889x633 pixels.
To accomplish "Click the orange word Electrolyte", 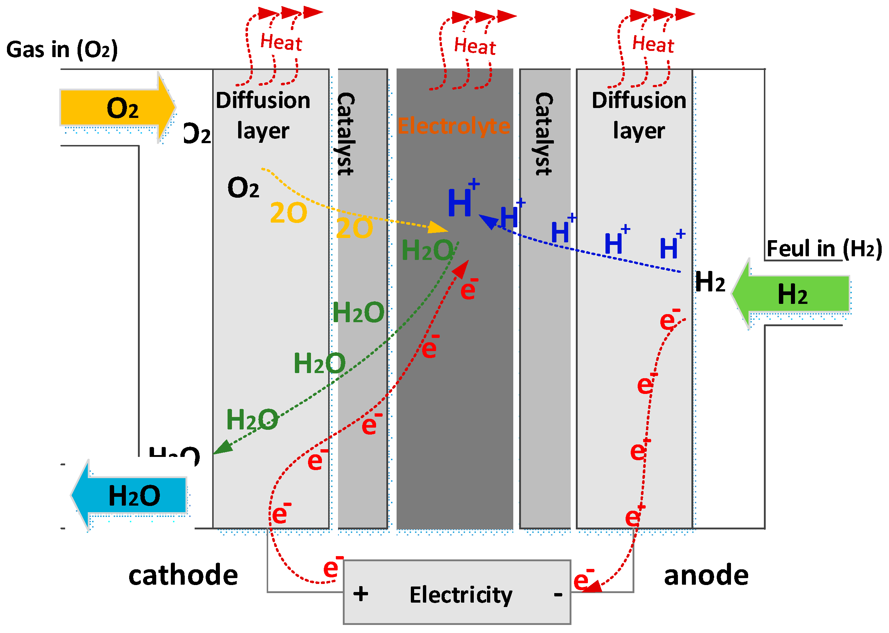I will coord(453,126).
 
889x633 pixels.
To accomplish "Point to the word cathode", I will coord(183,576).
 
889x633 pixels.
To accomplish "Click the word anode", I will coord(706,576).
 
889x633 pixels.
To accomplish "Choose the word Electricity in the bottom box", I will coord(461,595).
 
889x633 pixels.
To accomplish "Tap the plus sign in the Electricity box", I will coord(361,595).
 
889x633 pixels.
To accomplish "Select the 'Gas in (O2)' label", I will coord(62,50).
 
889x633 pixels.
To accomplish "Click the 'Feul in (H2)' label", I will coord(824,248).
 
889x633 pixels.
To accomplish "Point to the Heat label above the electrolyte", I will coord(474,46).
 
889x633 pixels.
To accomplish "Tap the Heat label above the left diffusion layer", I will coord(281,42).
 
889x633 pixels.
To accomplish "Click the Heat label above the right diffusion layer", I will coord(653,44).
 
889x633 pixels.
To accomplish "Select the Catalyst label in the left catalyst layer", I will coord(346,134).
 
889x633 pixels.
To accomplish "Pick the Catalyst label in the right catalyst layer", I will coord(544,134).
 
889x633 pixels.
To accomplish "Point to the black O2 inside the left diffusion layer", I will coord(243,188).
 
